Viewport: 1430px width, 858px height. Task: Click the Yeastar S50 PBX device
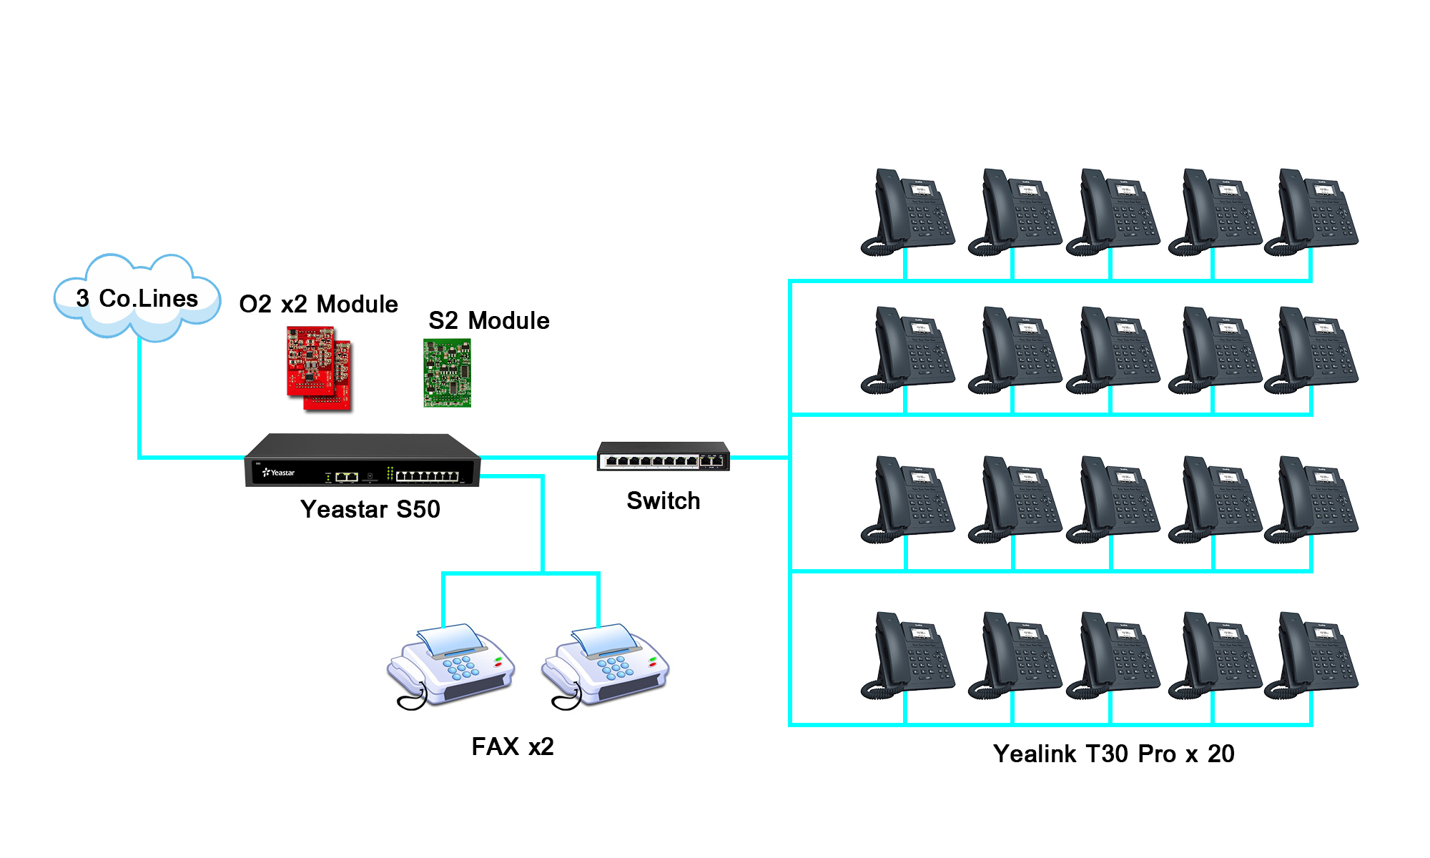[x=363, y=461]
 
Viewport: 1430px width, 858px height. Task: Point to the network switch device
[x=664, y=457]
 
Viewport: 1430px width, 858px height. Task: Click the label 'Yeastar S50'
[x=370, y=509]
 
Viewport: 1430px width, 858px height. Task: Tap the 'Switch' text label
[x=664, y=500]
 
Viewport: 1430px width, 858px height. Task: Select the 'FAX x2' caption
[x=513, y=746]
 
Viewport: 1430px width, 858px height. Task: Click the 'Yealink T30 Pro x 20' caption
[x=1114, y=754]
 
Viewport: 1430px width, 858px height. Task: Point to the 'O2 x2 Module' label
[x=318, y=304]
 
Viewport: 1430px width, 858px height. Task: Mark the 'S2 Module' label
[x=489, y=320]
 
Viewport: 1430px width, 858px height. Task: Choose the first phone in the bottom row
[x=908, y=655]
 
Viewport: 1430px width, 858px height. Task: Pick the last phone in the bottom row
[x=1311, y=655]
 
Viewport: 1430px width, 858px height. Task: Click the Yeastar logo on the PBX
[x=279, y=473]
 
